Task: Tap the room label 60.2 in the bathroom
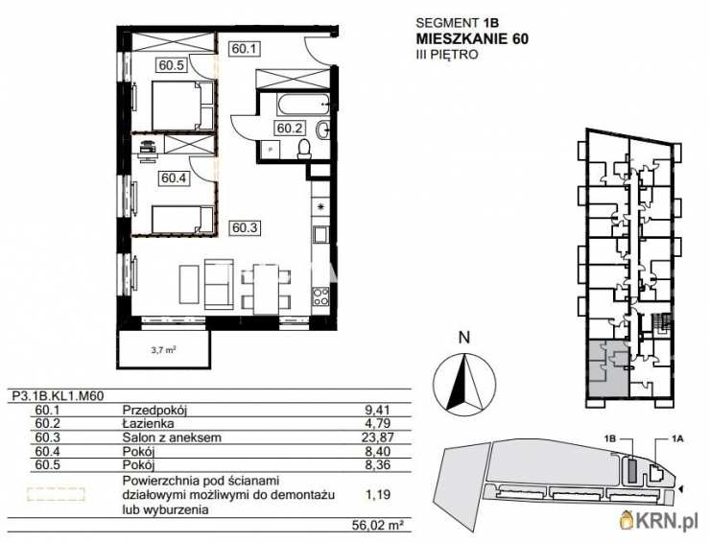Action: [x=291, y=127]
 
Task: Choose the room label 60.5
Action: [x=173, y=65]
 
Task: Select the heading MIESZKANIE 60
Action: [x=471, y=38]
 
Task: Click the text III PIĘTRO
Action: [x=446, y=56]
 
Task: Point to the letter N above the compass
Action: [x=463, y=337]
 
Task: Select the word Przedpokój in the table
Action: [x=154, y=410]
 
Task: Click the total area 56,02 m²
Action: [x=370, y=525]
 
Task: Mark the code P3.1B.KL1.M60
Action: [x=58, y=393]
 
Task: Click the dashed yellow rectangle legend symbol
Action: [x=56, y=496]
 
